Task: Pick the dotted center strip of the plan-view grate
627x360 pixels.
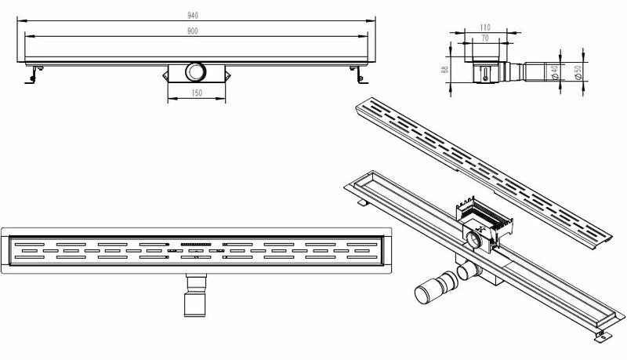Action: [197, 244]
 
